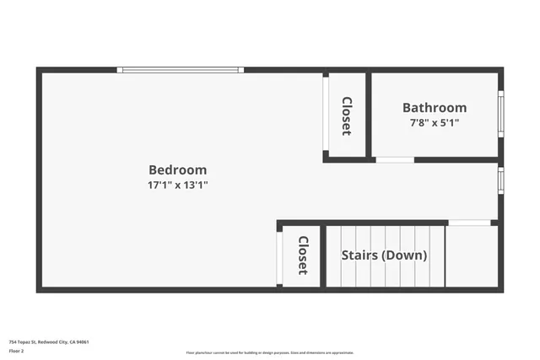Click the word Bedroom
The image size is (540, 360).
click(177, 169)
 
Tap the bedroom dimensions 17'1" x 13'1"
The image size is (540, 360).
click(177, 185)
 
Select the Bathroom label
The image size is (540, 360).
click(435, 108)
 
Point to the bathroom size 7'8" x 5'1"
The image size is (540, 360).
click(435, 123)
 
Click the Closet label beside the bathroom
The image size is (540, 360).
click(346, 116)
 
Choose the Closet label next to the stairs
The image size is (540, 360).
click(301, 255)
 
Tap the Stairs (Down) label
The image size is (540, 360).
click(384, 255)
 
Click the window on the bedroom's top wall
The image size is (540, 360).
click(181, 70)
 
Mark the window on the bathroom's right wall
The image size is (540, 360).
click(500, 114)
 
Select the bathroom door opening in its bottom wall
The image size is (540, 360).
click(395, 159)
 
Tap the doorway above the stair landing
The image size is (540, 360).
click(469, 223)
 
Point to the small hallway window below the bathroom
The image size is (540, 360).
click(500, 180)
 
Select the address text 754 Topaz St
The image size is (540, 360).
click(24, 341)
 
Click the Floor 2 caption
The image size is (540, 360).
click(16, 350)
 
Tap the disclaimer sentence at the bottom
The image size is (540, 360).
click(270, 352)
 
